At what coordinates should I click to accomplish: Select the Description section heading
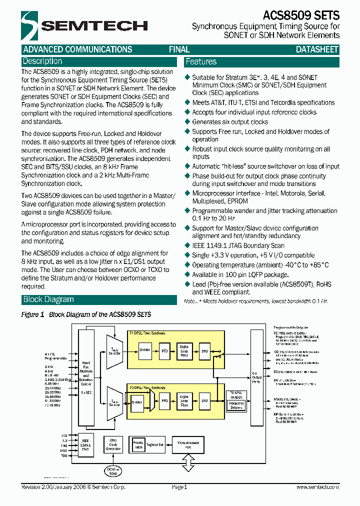(x=42, y=61)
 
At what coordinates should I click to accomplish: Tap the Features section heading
(x=201, y=62)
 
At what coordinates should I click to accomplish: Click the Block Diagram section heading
(x=48, y=299)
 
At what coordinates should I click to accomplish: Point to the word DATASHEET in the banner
(x=317, y=49)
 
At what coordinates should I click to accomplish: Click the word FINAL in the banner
(x=179, y=49)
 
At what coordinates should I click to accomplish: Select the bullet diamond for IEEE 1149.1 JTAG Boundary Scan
(x=188, y=245)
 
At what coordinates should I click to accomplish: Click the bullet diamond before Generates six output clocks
(x=188, y=121)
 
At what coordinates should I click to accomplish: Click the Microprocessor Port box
(x=187, y=444)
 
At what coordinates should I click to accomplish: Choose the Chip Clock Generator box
(x=113, y=445)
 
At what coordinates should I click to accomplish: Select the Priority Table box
(x=138, y=444)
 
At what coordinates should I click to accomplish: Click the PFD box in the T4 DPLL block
(x=164, y=351)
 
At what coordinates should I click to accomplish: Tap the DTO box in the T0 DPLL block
(x=204, y=400)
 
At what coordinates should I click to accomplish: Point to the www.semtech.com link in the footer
(x=317, y=487)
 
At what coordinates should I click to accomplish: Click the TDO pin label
(x=64, y=456)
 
